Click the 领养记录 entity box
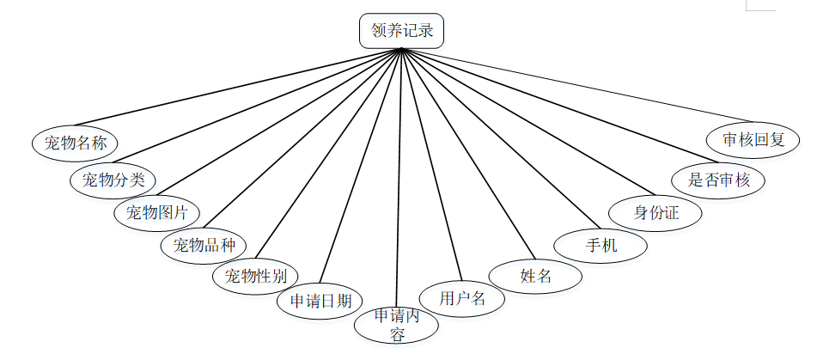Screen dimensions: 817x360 click(401, 32)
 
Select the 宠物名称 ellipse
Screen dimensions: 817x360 click(75, 142)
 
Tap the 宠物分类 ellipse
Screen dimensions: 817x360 click(113, 180)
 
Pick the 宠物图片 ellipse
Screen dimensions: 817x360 click(157, 211)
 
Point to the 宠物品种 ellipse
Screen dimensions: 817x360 click(204, 245)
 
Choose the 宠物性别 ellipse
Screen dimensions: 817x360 click(255, 276)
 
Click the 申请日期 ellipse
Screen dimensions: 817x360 click(320, 301)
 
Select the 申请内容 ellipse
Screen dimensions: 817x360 click(397, 326)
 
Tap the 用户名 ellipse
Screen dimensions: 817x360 click(462, 298)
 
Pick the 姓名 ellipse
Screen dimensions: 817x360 click(535, 276)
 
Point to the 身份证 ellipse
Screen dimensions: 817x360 click(655, 211)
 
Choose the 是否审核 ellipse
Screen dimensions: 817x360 click(719, 180)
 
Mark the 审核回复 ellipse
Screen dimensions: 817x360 click(753, 138)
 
